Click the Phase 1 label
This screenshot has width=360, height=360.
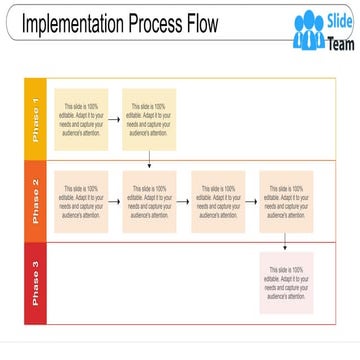(35, 118)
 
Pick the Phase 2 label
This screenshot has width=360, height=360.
(35, 200)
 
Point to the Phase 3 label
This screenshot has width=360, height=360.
(35, 283)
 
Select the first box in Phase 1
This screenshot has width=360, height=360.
(81, 119)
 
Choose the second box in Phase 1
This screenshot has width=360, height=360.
(149, 119)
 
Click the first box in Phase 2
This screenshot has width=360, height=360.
(81, 200)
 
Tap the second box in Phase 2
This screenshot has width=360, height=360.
(149, 200)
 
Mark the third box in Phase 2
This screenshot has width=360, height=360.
(217, 200)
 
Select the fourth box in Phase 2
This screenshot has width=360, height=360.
(285, 200)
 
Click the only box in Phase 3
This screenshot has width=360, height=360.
(285, 283)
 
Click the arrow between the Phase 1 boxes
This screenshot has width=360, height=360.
(115, 119)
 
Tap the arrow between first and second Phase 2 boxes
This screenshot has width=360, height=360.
(115, 200)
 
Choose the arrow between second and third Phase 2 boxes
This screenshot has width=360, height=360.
(183, 200)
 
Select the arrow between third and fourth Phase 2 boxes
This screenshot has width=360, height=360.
(251, 200)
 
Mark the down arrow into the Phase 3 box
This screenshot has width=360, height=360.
(285, 241)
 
